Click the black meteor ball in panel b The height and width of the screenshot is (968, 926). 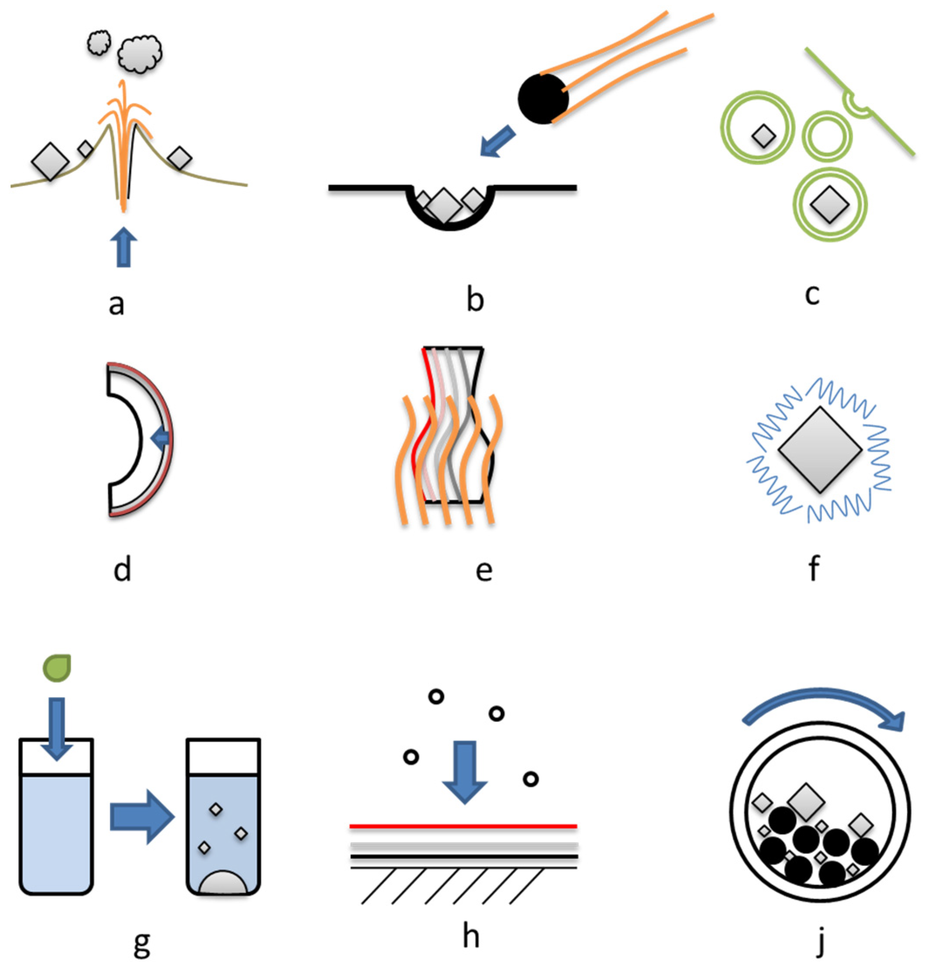[542, 99]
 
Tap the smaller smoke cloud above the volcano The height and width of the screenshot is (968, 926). [100, 43]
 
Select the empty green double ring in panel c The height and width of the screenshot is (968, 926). [827, 137]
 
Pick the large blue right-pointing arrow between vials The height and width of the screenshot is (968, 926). [142, 817]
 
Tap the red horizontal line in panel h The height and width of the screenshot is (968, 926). [463, 826]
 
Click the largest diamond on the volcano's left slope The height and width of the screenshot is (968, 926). [50, 161]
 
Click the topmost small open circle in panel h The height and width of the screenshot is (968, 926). [436, 697]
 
